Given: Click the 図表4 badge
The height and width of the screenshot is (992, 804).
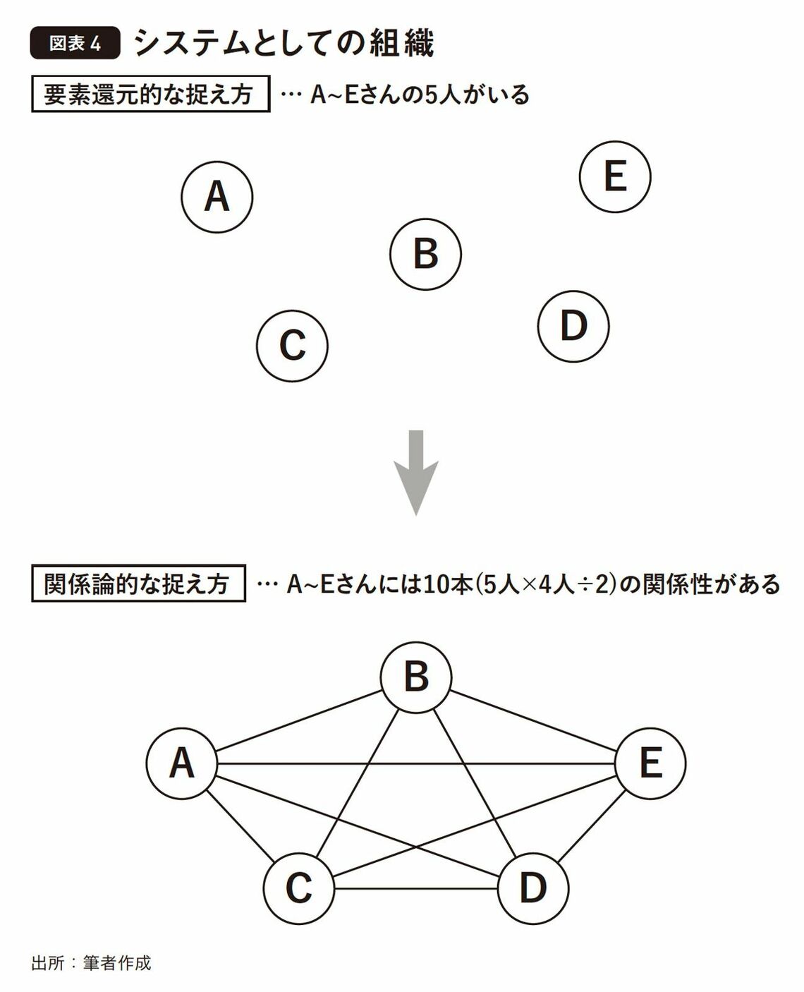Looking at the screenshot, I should tap(75, 44).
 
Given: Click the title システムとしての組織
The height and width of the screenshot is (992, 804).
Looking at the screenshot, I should tap(284, 44).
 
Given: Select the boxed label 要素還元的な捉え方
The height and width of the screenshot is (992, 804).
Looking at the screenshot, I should tap(150, 95).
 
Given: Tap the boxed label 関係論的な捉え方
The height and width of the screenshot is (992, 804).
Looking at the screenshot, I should tap(138, 583).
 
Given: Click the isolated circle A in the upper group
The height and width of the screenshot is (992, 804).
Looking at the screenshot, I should tap(217, 197).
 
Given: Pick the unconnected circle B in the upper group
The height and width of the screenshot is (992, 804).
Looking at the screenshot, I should tap(425, 255).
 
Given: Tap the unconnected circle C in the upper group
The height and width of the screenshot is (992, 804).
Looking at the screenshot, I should tap(292, 346).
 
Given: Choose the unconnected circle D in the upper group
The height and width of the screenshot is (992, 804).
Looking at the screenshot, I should tap(573, 326).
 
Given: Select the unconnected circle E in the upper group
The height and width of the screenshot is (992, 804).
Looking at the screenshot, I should tap(615, 176).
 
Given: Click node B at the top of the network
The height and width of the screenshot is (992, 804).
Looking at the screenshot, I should tap(416, 677).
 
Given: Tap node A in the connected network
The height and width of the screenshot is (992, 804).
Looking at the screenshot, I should tap(182, 763).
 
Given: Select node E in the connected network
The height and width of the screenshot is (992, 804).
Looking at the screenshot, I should tap(650, 763).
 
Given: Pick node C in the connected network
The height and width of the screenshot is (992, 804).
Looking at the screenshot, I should tap(299, 888).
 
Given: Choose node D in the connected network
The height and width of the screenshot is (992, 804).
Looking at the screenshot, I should tap(533, 888).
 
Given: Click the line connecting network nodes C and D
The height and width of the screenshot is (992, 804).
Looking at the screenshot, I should tap(416, 888).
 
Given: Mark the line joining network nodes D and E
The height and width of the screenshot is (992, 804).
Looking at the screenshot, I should tap(591, 826).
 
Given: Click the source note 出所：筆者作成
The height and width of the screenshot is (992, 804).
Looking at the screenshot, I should tap(91, 962).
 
